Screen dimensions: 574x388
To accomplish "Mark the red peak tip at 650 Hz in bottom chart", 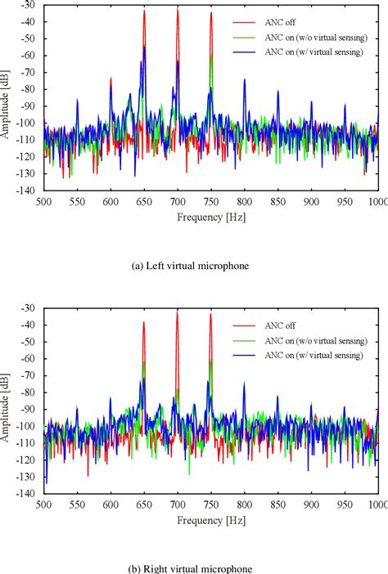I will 144,321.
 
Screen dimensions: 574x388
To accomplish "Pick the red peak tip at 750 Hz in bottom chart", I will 210,313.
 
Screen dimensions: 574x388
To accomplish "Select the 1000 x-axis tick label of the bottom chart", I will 377,505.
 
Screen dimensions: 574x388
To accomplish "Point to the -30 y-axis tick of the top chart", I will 29,5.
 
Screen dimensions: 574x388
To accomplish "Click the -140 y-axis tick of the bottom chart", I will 28,494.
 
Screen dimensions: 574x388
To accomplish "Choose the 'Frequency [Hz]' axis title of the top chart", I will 210,217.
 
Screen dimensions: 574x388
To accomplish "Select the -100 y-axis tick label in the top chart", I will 28,123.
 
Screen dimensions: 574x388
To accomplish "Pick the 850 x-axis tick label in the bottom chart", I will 277,505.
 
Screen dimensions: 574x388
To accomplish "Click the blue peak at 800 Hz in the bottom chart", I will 244,383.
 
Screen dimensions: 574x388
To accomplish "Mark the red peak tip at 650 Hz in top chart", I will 144,11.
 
